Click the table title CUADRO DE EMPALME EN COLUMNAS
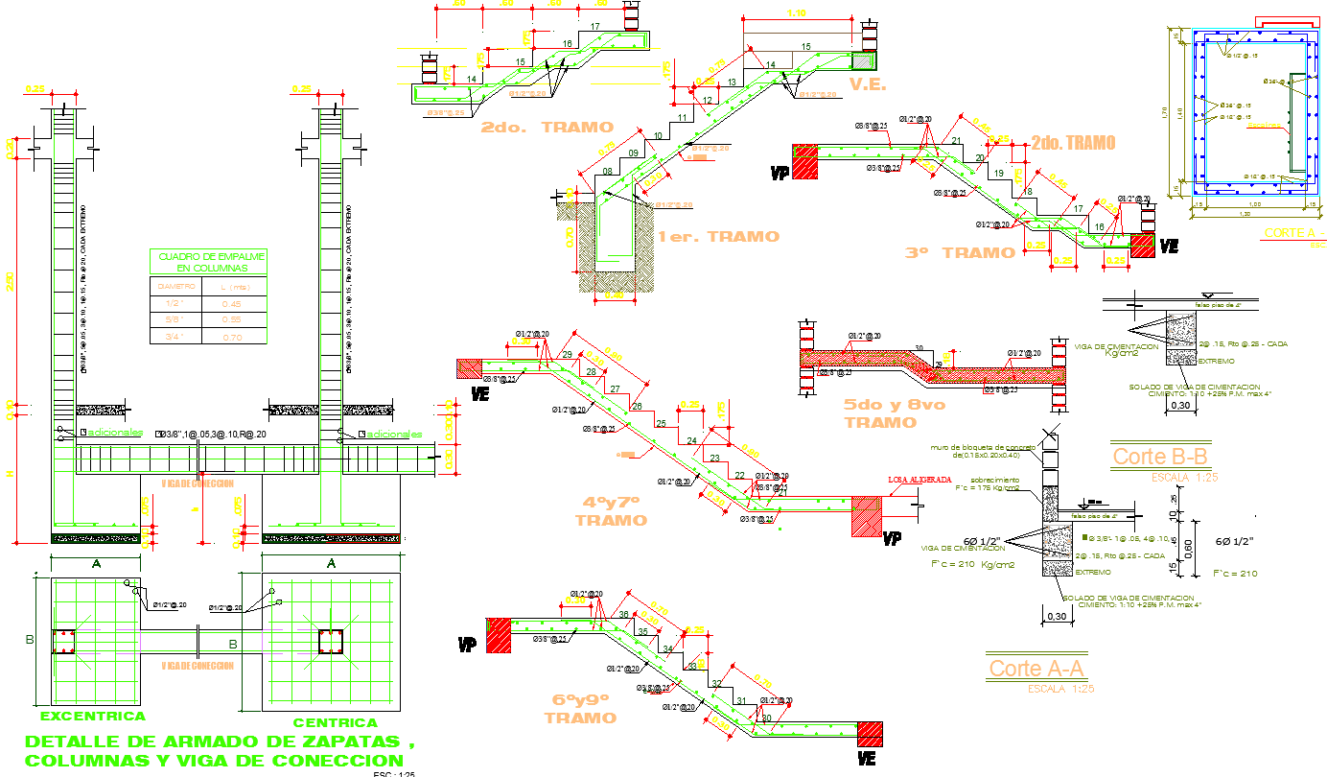tap(208, 262)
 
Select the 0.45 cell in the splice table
tap(231, 304)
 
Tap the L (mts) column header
tap(231, 287)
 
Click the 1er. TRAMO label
tap(718, 236)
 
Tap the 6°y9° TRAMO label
tap(580, 709)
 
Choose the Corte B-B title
tap(1159, 457)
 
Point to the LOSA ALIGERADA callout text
tap(920, 479)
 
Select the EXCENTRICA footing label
tap(93, 717)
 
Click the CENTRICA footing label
tap(335, 722)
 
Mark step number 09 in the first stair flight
tap(634, 153)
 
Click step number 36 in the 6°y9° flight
tap(624, 615)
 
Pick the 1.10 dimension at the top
tap(796, 12)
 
